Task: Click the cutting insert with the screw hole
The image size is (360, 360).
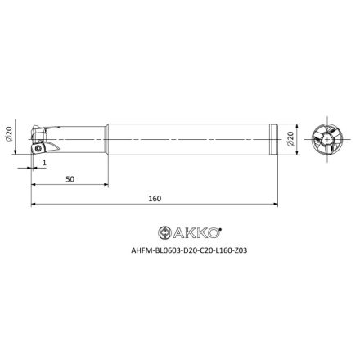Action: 39,148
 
